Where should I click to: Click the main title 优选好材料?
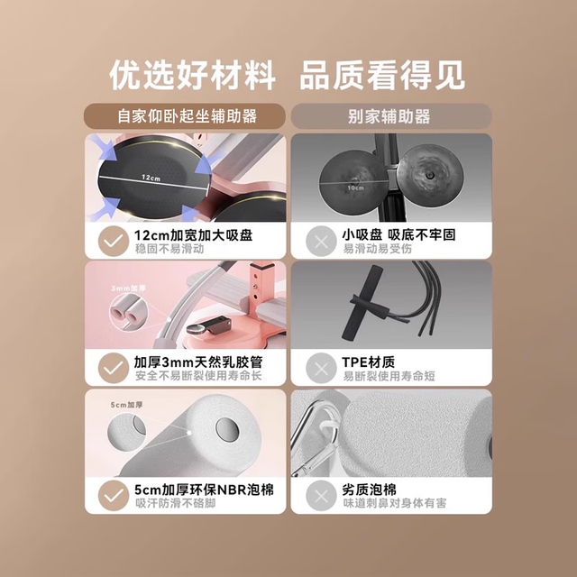pos(192,75)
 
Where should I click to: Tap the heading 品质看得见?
pos(382,75)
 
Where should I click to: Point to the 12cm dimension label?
pos(151,178)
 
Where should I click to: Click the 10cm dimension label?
pos(355,188)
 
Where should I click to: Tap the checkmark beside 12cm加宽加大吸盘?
pos(114,241)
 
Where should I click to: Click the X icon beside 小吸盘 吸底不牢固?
pos(321,241)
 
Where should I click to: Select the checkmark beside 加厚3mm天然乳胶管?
pos(114,368)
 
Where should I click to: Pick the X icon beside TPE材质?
pos(321,368)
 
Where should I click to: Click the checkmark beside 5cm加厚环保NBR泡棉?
pos(114,495)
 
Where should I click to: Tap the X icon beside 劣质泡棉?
pos(321,495)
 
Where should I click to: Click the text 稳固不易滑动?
pos(169,249)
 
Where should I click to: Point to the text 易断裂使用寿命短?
pos(389,376)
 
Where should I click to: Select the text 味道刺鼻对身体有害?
pos(395,503)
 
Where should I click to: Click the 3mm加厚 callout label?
pos(128,288)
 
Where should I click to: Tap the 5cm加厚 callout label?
pos(126,405)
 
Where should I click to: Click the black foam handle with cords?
pos(362,302)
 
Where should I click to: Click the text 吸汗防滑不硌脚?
pos(176,503)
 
